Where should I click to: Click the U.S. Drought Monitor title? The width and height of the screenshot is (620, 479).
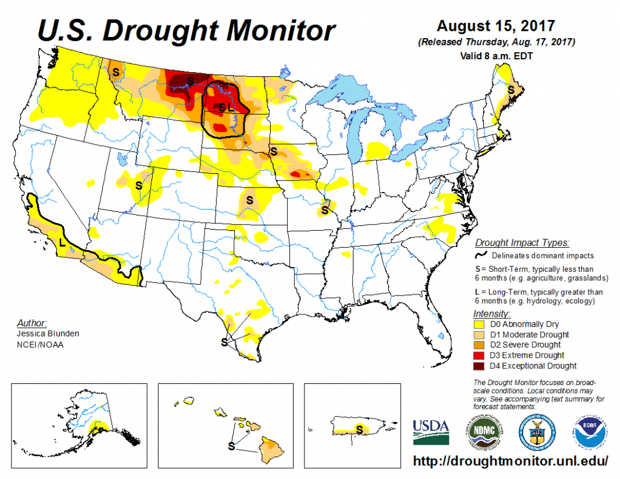point(186,29)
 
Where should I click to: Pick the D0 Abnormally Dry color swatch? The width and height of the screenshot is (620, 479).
point(479,324)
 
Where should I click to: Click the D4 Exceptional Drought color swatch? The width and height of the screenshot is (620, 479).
point(479,366)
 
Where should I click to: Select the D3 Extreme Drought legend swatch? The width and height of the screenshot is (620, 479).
point(479,355)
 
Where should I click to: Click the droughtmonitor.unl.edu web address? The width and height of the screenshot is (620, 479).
point(510,461)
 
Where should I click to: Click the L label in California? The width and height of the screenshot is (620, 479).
point(61,242)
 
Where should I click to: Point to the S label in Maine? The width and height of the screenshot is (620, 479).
point(511,89)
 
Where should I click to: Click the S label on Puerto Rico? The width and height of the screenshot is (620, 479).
point(360,429)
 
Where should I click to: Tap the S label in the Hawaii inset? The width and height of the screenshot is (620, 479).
point(231,447)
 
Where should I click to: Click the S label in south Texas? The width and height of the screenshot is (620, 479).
point(224,342)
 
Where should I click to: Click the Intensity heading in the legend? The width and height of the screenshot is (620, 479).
point(490,314)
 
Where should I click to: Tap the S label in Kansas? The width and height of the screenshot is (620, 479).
point(249,199)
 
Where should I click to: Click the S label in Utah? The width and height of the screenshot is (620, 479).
point(139,185)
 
